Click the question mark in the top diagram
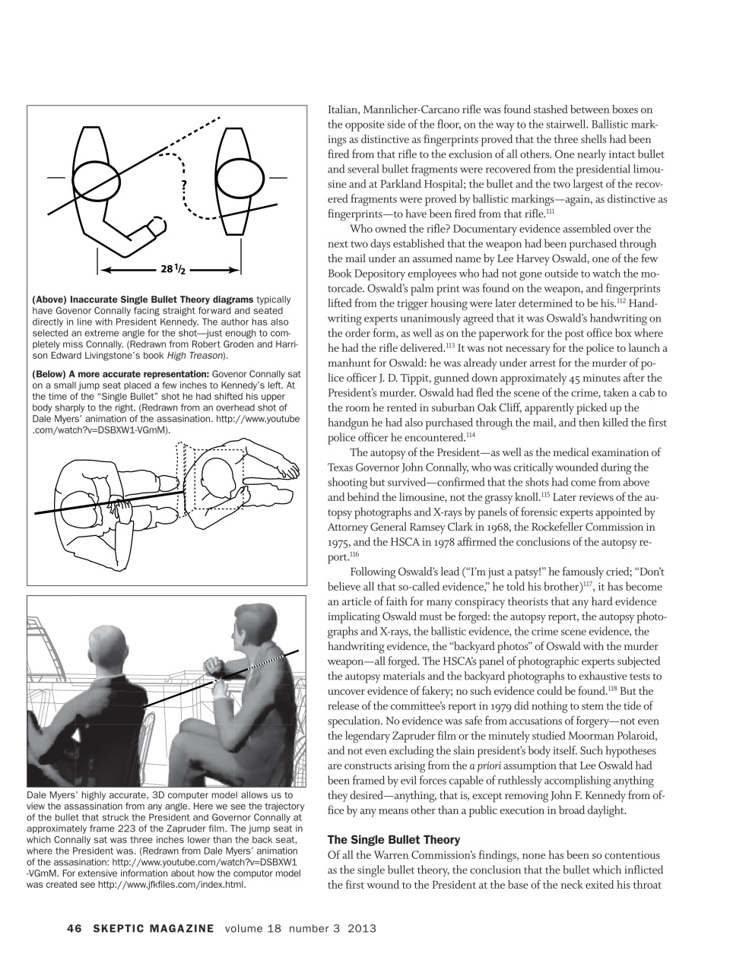(184, 185)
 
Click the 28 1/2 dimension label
(173, 269)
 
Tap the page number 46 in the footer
(74, 928)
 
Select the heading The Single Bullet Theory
(393, 840)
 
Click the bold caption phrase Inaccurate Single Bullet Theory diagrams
(162, 300)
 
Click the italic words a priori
(482, 765)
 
